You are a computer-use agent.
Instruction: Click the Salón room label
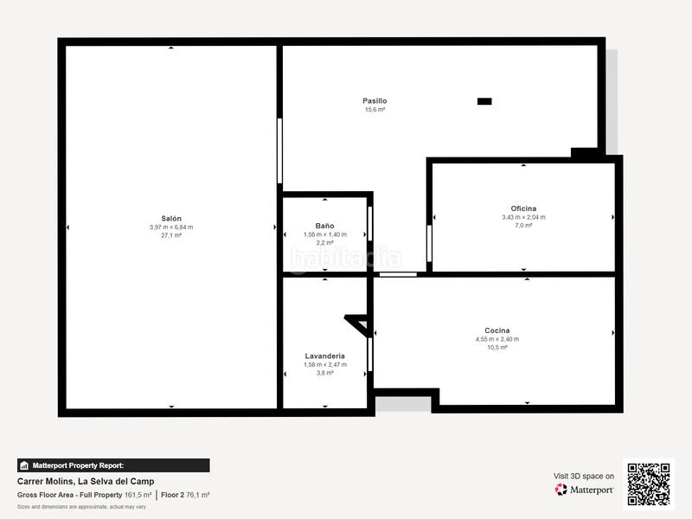point(171,219)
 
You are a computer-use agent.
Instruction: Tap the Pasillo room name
point(375,101)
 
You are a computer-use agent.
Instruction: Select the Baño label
point(324,226)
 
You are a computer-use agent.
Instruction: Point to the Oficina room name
point(523,208)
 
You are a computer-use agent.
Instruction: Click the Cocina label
point(497,330)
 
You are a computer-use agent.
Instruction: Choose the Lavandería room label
point(324,356)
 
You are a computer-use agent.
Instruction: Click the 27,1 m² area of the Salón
point(171,235)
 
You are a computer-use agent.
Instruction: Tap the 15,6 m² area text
point(375,110)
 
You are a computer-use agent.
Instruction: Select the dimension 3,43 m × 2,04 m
point(523,217)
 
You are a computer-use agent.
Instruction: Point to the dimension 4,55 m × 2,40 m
point(497,339)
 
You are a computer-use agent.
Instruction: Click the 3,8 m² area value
point(324,373)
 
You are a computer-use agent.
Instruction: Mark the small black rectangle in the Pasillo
point(484,101)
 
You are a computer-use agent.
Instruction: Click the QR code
point(649,484)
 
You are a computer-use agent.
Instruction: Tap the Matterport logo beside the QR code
point(585,490)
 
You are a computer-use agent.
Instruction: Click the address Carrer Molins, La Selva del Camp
point(86,482)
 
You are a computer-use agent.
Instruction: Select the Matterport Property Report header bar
point(113,465)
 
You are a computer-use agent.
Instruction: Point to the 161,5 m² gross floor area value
point(138,495)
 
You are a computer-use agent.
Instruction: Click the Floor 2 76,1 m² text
point(185,495)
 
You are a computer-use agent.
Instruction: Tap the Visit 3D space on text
point(584,476)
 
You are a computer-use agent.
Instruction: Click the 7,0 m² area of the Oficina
point(523,225)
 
